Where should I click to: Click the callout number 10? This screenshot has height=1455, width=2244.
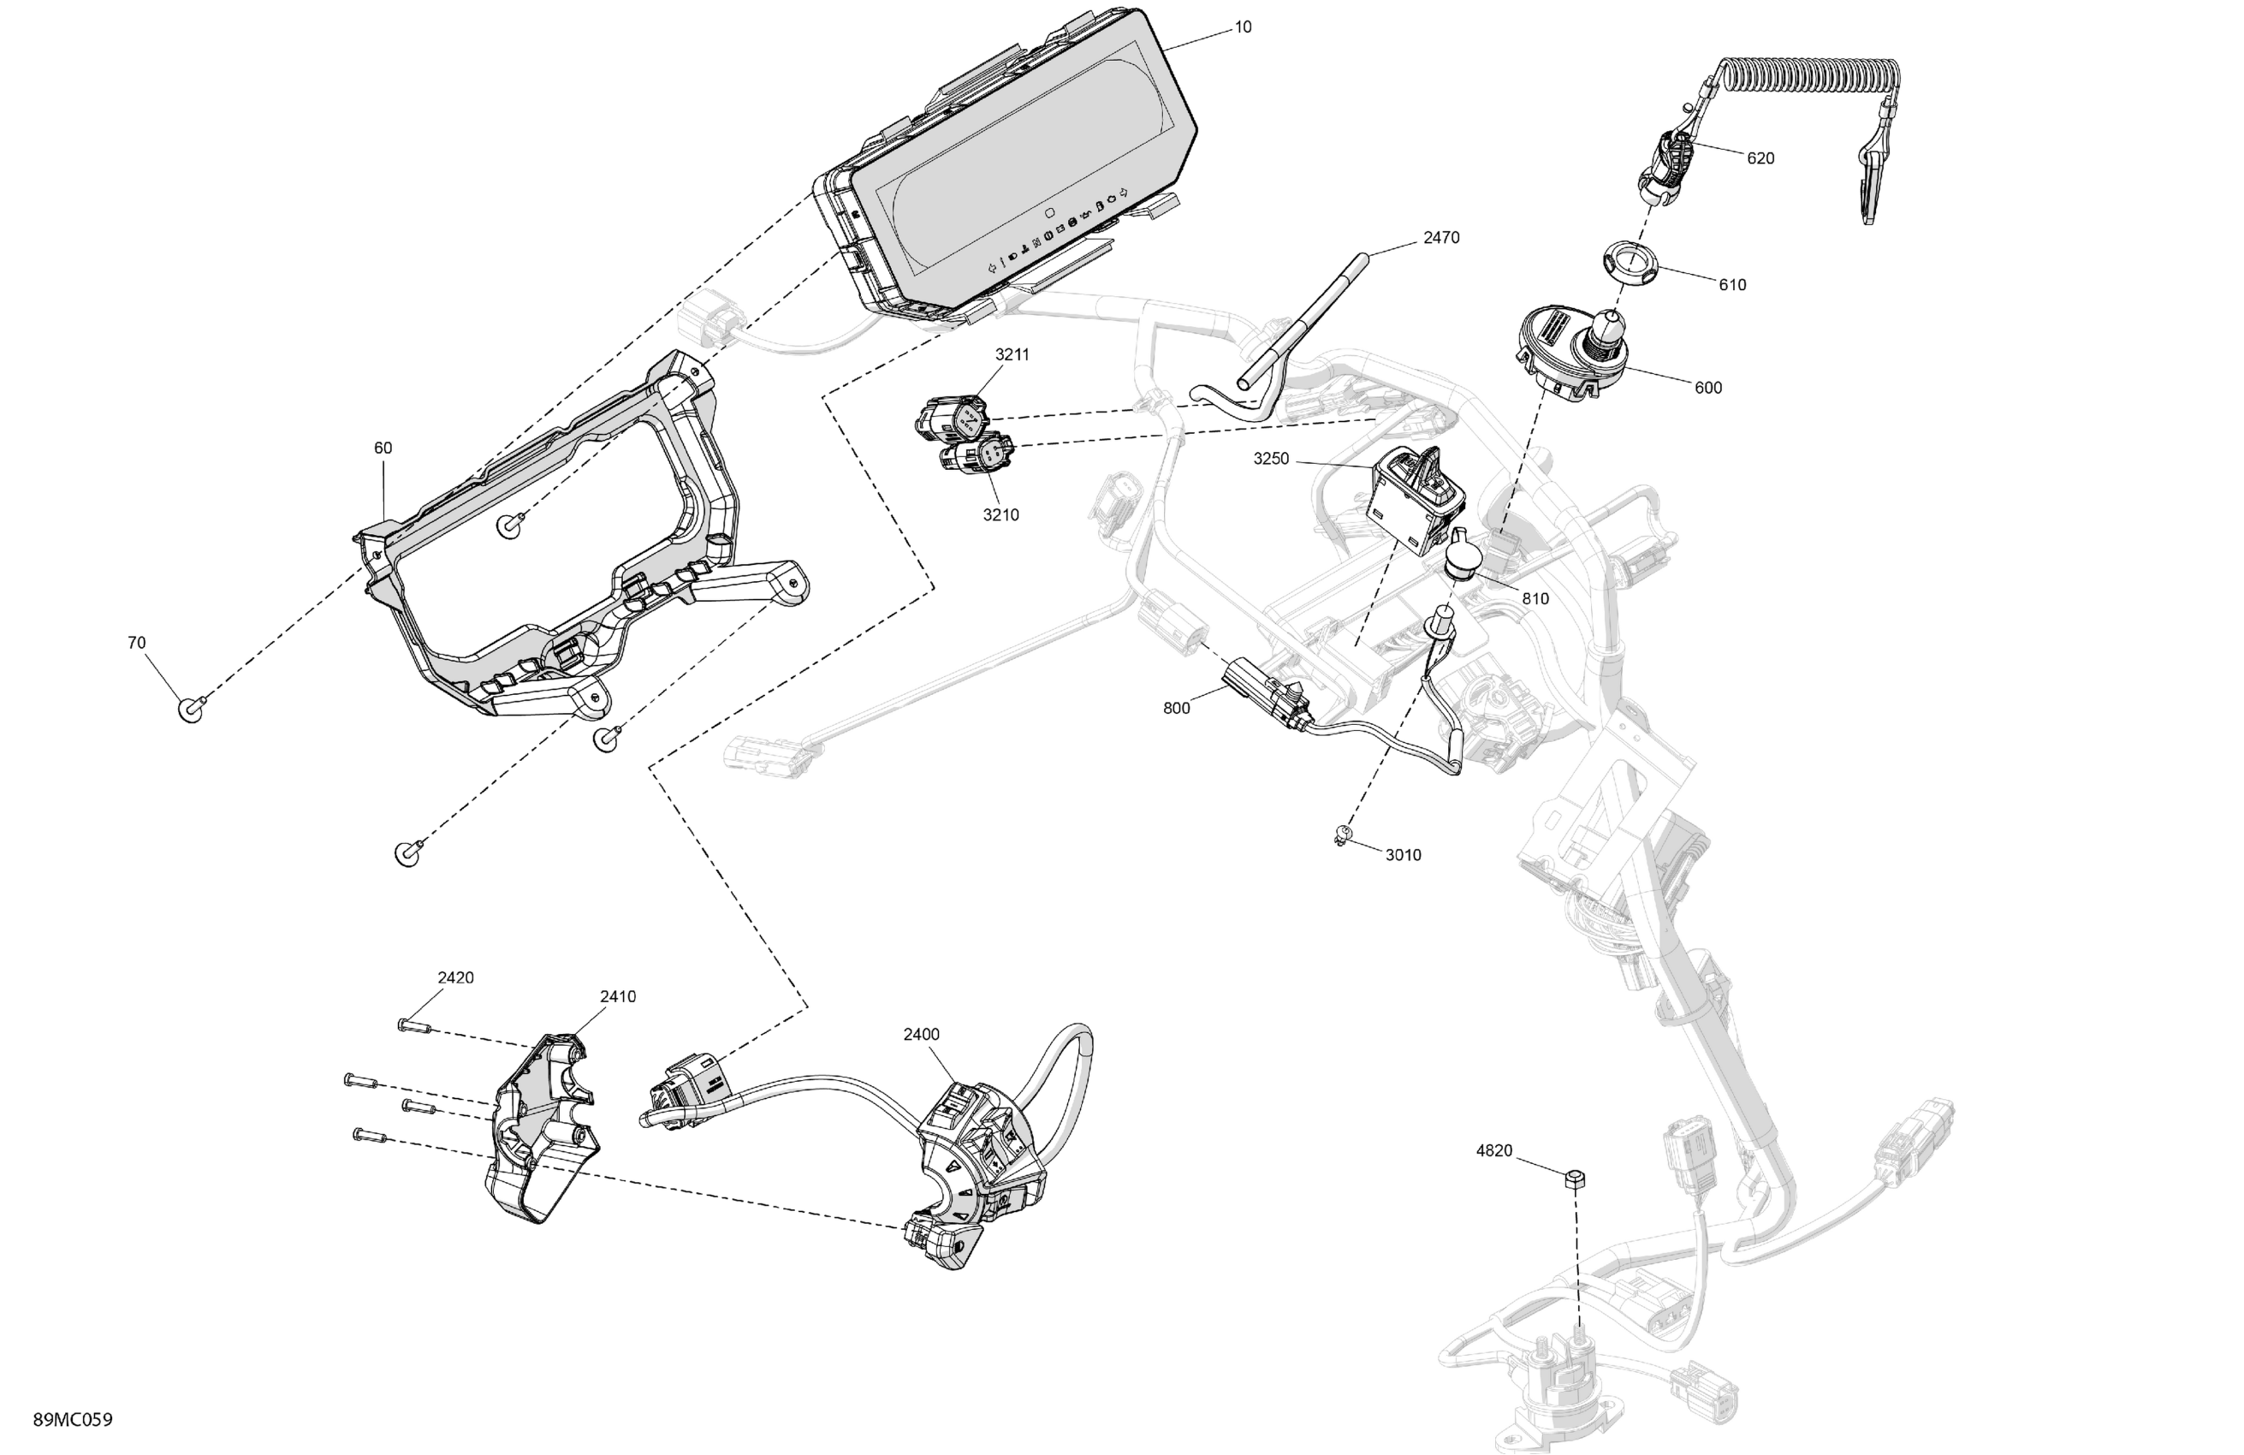(x=1243, y=27)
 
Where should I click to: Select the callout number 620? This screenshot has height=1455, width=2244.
(x=1760, y=158)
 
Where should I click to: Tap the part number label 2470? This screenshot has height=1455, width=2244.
(x=1440, y=238)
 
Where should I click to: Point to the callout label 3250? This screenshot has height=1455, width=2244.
(x=1270, y=460)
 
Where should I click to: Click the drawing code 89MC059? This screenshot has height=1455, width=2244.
(x=73, y=1419)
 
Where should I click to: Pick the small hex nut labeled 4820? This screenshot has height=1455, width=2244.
(x=1574, y=1179)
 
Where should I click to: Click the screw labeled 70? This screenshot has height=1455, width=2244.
(x=191, y=708)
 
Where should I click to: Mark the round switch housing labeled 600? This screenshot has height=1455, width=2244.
(x=1573, y=355)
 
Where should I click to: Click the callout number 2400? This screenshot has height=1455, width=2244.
(x=920, y=1035)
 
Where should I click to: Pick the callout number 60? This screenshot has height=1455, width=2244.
(x=383, y=448)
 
